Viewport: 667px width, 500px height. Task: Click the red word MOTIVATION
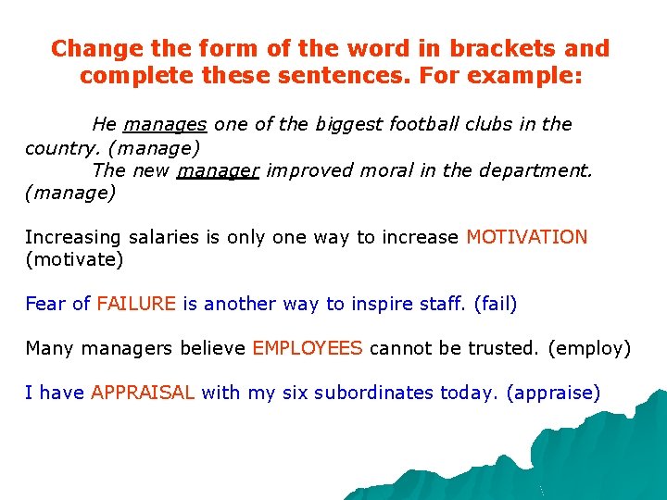pyautogui.click(x=527, y=237)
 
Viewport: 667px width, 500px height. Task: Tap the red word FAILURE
pyautogui.click(x=136, y=304)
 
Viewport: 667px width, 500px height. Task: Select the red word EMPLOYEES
pyautogui.click(x=308, y=348)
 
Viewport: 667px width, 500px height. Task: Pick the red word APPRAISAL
pyautogui.click(x=143, y=393)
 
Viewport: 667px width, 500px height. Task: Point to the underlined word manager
pyautogui.click(x=218, y=170)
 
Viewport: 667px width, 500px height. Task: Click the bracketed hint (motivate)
pyautogui.click(x=74, y=259)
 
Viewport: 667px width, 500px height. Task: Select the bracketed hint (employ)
pyautogui.click(x=589, y=348)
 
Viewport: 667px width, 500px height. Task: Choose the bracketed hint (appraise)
pyautogui.click(x=553, y=393)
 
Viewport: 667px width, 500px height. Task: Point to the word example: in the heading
pyautogui.click(x=525, y=75)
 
